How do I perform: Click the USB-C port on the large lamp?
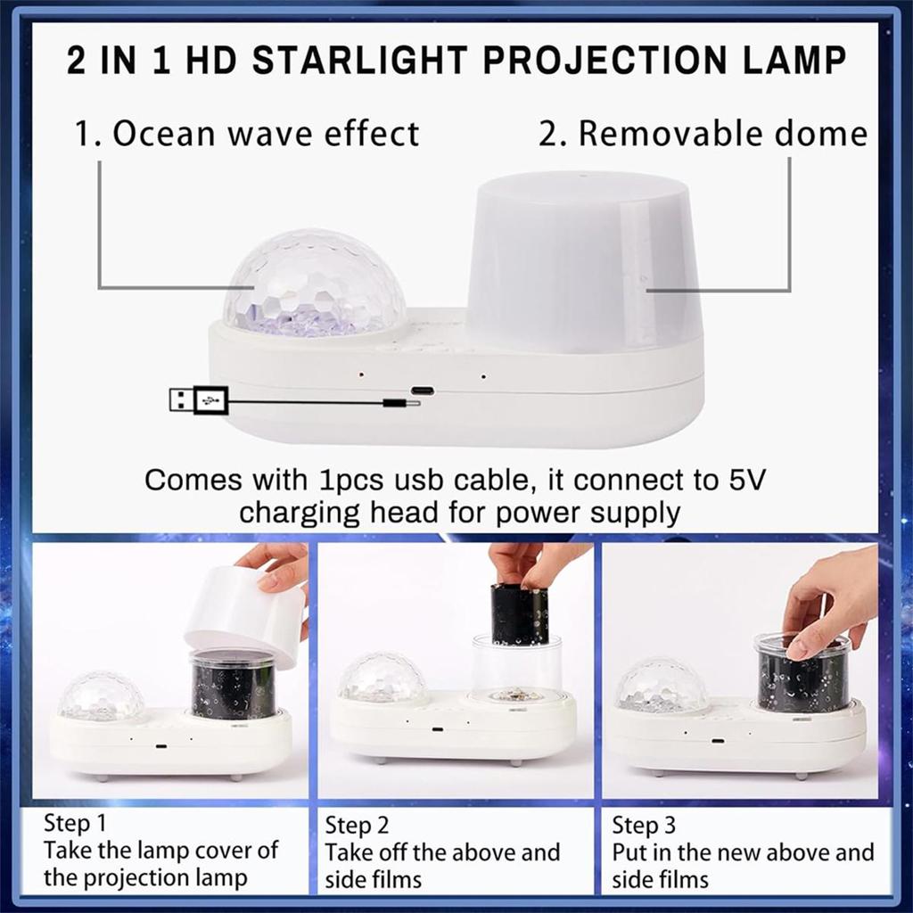422,391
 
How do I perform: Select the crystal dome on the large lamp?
314,284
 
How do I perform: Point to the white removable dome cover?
583,259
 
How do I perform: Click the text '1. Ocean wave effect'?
246,134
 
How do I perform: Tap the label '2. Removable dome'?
703,134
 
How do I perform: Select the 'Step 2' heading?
358,825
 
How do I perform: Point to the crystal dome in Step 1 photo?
102,696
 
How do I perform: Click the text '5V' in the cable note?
743,480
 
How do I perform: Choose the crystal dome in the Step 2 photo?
383,679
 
